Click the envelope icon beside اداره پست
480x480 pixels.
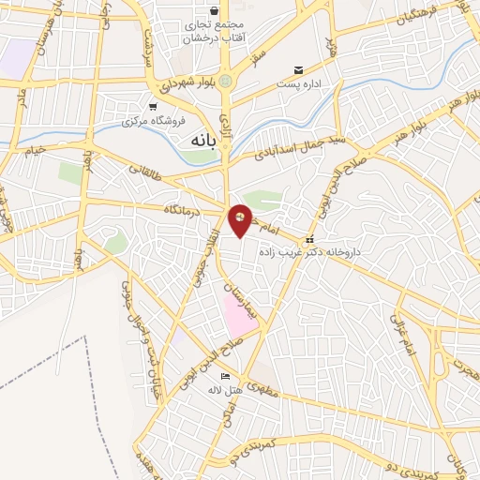pyautogui.click(x=299, y=70)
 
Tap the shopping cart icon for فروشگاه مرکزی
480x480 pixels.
pyautogui.click(x=153, y=107)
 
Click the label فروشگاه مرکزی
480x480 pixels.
pyautogui.click(x=157, y=120)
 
